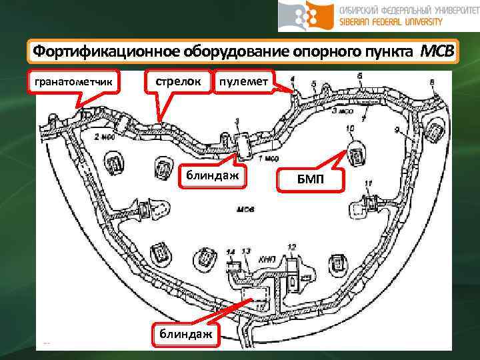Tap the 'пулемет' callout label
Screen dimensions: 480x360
243,81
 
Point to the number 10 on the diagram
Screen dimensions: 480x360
350,128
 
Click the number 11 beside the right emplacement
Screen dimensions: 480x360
367,183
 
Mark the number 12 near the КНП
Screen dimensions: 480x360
291,247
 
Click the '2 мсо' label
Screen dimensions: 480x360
102,137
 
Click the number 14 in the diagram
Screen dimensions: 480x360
231,251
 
